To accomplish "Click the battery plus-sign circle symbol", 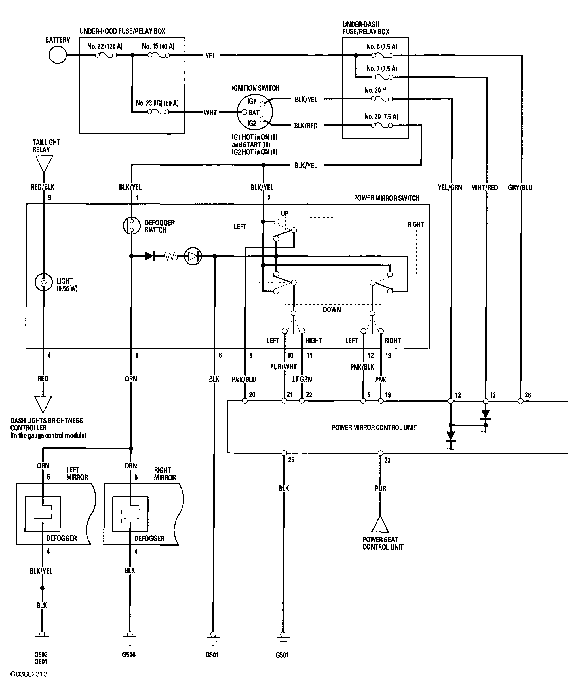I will point(58,55).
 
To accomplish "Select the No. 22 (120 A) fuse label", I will point(105,46).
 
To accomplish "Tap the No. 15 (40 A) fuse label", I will point(158,46).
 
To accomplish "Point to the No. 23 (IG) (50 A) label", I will point(157,103).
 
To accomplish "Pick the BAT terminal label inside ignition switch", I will point(254,113).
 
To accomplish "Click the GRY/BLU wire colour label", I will point(520,188).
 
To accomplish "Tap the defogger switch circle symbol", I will point(131,226).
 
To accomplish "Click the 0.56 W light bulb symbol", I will point(44,282).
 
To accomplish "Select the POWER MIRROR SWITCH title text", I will point(387,198).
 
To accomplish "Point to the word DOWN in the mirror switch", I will point(332,310).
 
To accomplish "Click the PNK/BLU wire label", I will point(244,379).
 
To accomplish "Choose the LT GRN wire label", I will point(302,379).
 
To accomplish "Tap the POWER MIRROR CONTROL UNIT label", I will point(374,428).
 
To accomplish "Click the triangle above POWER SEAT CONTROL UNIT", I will point(380,524).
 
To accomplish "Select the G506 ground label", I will point(129,655).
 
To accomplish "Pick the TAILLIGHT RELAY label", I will point(46,146).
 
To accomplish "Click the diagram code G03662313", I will point(29,674).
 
